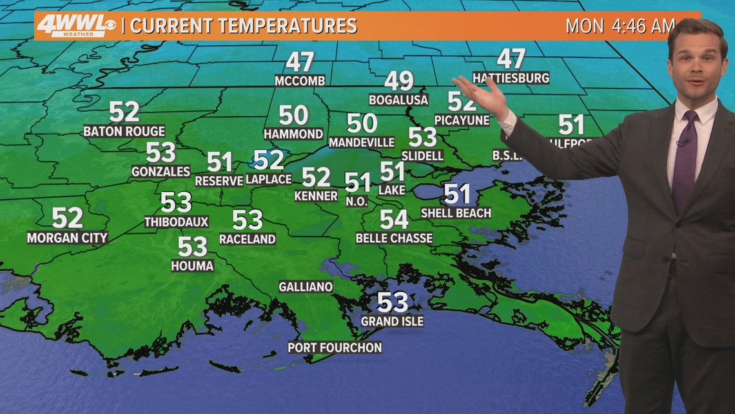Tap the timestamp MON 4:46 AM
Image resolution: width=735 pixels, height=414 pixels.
(619, 26)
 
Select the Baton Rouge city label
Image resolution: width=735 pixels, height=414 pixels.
(124, 131)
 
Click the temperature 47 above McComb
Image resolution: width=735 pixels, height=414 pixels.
(300, 62)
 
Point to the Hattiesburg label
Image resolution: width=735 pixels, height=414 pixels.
(511, 78)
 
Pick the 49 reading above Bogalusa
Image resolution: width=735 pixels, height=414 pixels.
(399, 81)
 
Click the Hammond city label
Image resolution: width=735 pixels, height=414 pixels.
(293, 134)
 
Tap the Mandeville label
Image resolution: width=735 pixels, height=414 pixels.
(362, 141)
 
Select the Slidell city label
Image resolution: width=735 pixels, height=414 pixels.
(422, 156)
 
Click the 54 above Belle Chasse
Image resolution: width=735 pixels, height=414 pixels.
(394, 219)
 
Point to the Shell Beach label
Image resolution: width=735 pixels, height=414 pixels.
(456, 212)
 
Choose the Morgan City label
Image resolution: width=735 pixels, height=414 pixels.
(67, 238)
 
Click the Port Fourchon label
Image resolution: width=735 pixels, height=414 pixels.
(335, 347)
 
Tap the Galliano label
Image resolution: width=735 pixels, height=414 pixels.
(306, 287)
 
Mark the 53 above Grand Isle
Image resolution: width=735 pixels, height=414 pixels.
(393, 301)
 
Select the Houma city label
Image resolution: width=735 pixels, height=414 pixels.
(192, 265)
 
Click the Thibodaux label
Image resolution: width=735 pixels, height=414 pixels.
(177, 222)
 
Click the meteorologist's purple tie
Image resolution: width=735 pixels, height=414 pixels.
(685, 158)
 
